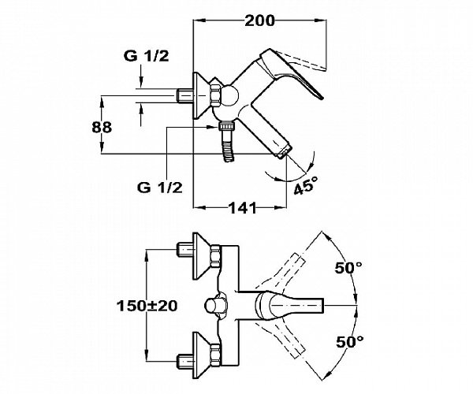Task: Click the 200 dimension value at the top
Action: (259, 20)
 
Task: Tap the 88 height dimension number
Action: (102, 127)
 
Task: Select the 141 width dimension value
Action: (243, 207)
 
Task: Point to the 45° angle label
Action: (306, 185)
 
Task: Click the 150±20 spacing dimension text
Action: (147, 306)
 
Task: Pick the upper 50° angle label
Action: (348, 268)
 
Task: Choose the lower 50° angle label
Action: (350, 342)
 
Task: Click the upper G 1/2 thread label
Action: (147, 56)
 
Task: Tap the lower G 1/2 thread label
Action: (160, 188)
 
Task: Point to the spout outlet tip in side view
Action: (285, 151)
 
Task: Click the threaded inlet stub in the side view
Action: (184, 95)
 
